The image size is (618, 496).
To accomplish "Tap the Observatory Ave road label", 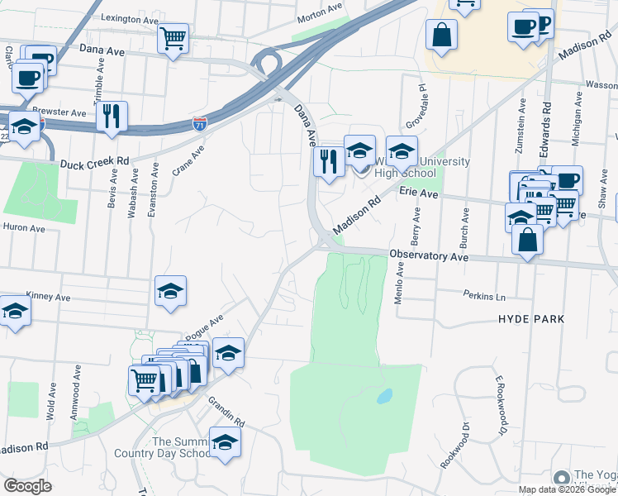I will coord(429,257).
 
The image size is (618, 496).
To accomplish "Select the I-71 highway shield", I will coord(200,123).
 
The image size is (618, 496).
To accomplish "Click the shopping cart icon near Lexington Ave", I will coord(173,37).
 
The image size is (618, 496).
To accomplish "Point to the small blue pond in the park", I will coord(384,397).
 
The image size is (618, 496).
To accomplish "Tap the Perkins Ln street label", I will coord(483,295).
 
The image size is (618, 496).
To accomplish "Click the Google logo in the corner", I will coord(27,485).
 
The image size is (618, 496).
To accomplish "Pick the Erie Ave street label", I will coord(418,192).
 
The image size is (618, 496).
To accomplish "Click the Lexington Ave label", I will coord(128,17).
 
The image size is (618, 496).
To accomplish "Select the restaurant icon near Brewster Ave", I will coord(112,116).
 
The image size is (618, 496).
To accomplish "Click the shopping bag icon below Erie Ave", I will coord(527,241).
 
